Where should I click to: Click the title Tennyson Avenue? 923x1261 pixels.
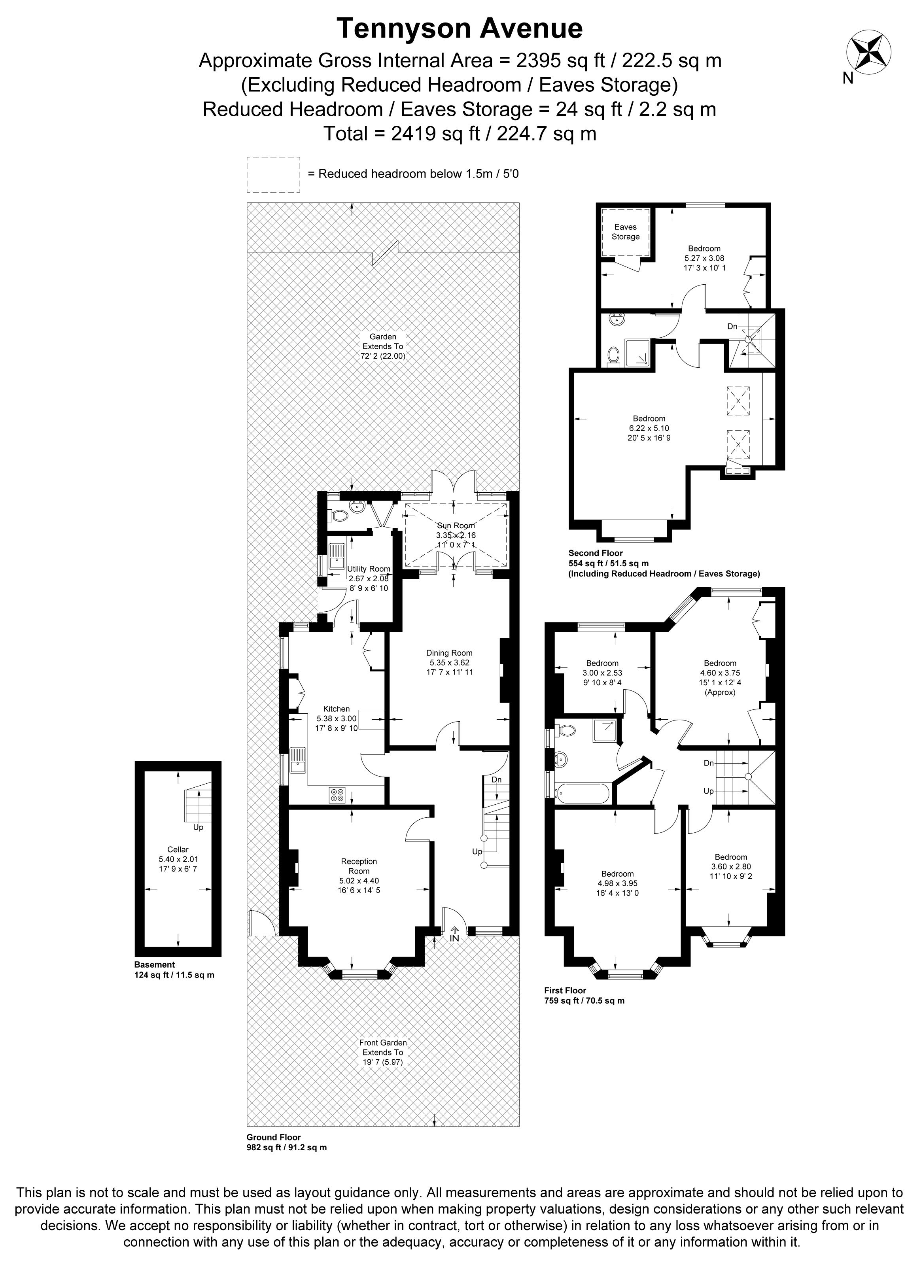click(x=460, y=28)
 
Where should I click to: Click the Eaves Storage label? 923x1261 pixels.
click(x=625, y=232)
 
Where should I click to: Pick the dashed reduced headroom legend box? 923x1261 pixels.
click(x=273, y=174)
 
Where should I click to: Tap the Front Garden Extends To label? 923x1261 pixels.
click(x=383, y=1053)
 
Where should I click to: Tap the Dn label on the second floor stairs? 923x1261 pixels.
click(x=732, y=326)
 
